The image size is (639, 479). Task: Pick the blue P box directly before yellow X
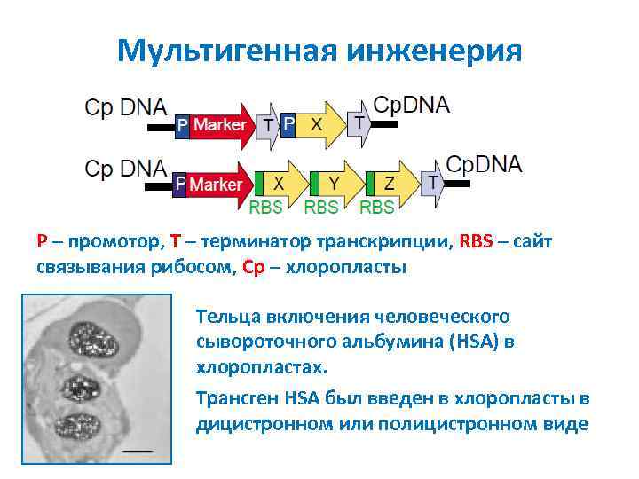pyautogui.click(x=288, y=125)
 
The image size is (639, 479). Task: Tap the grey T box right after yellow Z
pyautogui.click(x=432, y=183)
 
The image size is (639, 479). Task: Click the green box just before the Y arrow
pyautogui.click(x=313, y=184)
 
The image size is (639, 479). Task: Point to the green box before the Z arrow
pyautogui.click(x=367, y=184)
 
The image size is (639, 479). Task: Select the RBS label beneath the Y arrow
pyautogui.click(x=320, y=208)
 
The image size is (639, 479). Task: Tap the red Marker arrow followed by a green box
pyautogui.click(x=217, y=184)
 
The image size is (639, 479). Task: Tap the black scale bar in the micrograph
pyautogui.click(x=138, y=450)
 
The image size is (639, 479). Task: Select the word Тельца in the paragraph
pyautogui.click(x=225, y=317)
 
